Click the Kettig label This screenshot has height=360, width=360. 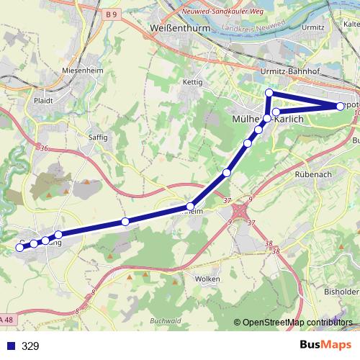pos(193,82)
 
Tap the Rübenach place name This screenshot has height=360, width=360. pos(312,174)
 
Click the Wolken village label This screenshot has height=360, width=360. pos(207,278)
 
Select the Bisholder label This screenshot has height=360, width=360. pos(341,293)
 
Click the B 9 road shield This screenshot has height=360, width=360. pos(110,14)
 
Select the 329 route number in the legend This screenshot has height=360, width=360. pos(30,346)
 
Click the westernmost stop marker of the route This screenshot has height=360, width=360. pos(19,247)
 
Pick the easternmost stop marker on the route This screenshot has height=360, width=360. pos(341,107)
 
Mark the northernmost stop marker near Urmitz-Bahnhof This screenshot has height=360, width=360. pos(269,92)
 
